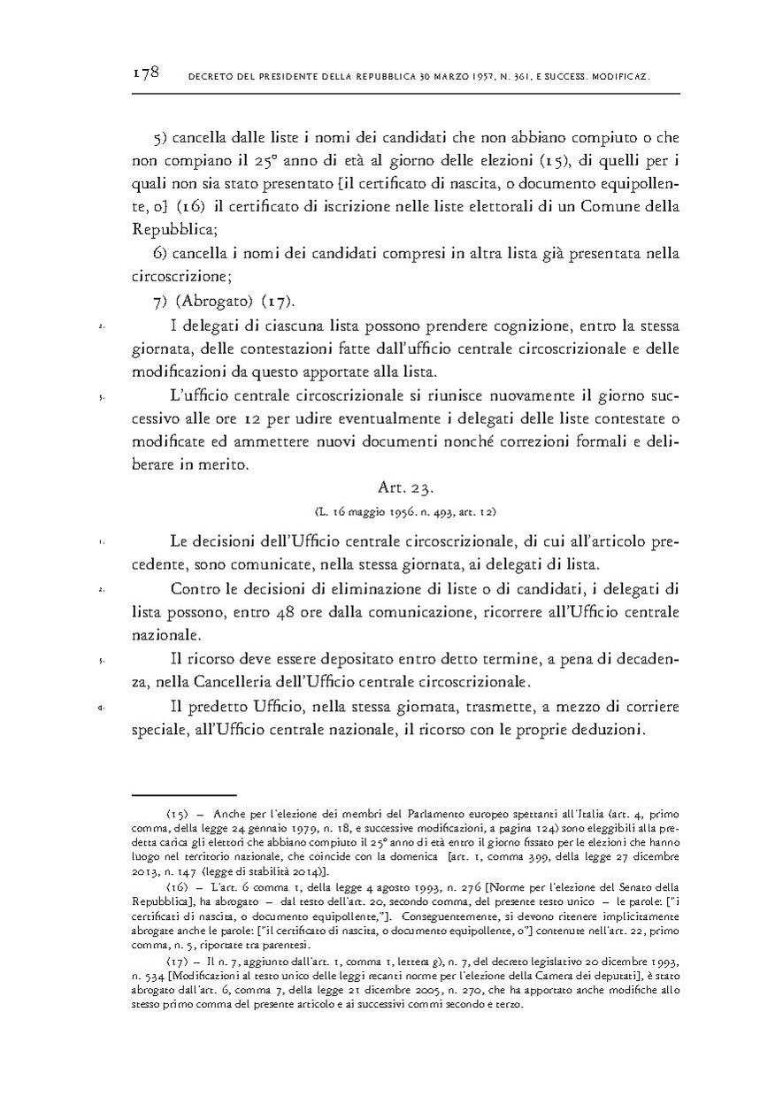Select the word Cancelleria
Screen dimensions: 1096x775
point(249,681)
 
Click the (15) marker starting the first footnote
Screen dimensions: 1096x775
point(176,813)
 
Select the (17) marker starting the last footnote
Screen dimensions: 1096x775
point(176,960)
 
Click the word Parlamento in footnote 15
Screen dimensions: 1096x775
point(414,813)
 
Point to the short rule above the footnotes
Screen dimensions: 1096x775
point(185,795)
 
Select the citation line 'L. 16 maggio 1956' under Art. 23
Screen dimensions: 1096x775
point(405,511)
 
